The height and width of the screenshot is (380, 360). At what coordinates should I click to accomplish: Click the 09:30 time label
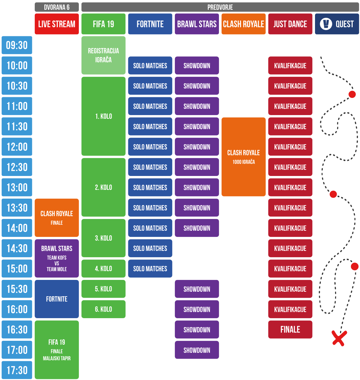point(17,45)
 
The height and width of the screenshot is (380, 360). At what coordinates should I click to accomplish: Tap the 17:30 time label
point(17,370)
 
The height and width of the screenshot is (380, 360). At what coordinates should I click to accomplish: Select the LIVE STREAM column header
point(57,24)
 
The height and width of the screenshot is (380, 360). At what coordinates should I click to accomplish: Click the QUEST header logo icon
point(326,24)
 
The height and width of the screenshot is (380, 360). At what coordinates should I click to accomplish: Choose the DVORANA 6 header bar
point(57,7)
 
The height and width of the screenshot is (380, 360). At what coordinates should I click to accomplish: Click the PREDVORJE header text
point(220,7)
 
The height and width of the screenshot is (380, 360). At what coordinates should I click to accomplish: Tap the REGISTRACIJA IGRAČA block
point(103,55)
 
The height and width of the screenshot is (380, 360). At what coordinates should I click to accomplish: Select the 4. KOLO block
point(103,268)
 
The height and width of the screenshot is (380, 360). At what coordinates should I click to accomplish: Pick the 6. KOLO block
point(103,309)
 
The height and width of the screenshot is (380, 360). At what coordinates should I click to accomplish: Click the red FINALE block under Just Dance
point(290,329)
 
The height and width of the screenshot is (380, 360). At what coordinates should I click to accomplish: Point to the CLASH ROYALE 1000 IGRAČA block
point(244,157)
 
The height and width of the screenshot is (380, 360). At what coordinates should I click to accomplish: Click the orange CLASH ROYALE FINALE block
point(57,218)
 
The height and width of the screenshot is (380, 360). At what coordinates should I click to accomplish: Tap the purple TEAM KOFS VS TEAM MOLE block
point(57,258)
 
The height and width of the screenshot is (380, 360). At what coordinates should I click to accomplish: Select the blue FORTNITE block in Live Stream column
point(57,299)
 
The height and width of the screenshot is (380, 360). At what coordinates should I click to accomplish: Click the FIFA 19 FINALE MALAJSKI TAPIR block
point(57,350)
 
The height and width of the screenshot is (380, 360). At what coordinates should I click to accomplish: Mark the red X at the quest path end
point(339,338)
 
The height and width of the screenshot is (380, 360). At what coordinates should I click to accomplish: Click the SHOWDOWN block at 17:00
point(197,350)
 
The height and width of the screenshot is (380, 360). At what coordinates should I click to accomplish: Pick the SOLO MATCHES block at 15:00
point(150,268)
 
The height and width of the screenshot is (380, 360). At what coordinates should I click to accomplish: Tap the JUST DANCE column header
point(290,24)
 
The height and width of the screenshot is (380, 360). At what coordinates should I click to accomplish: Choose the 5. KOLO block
point(103,289)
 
